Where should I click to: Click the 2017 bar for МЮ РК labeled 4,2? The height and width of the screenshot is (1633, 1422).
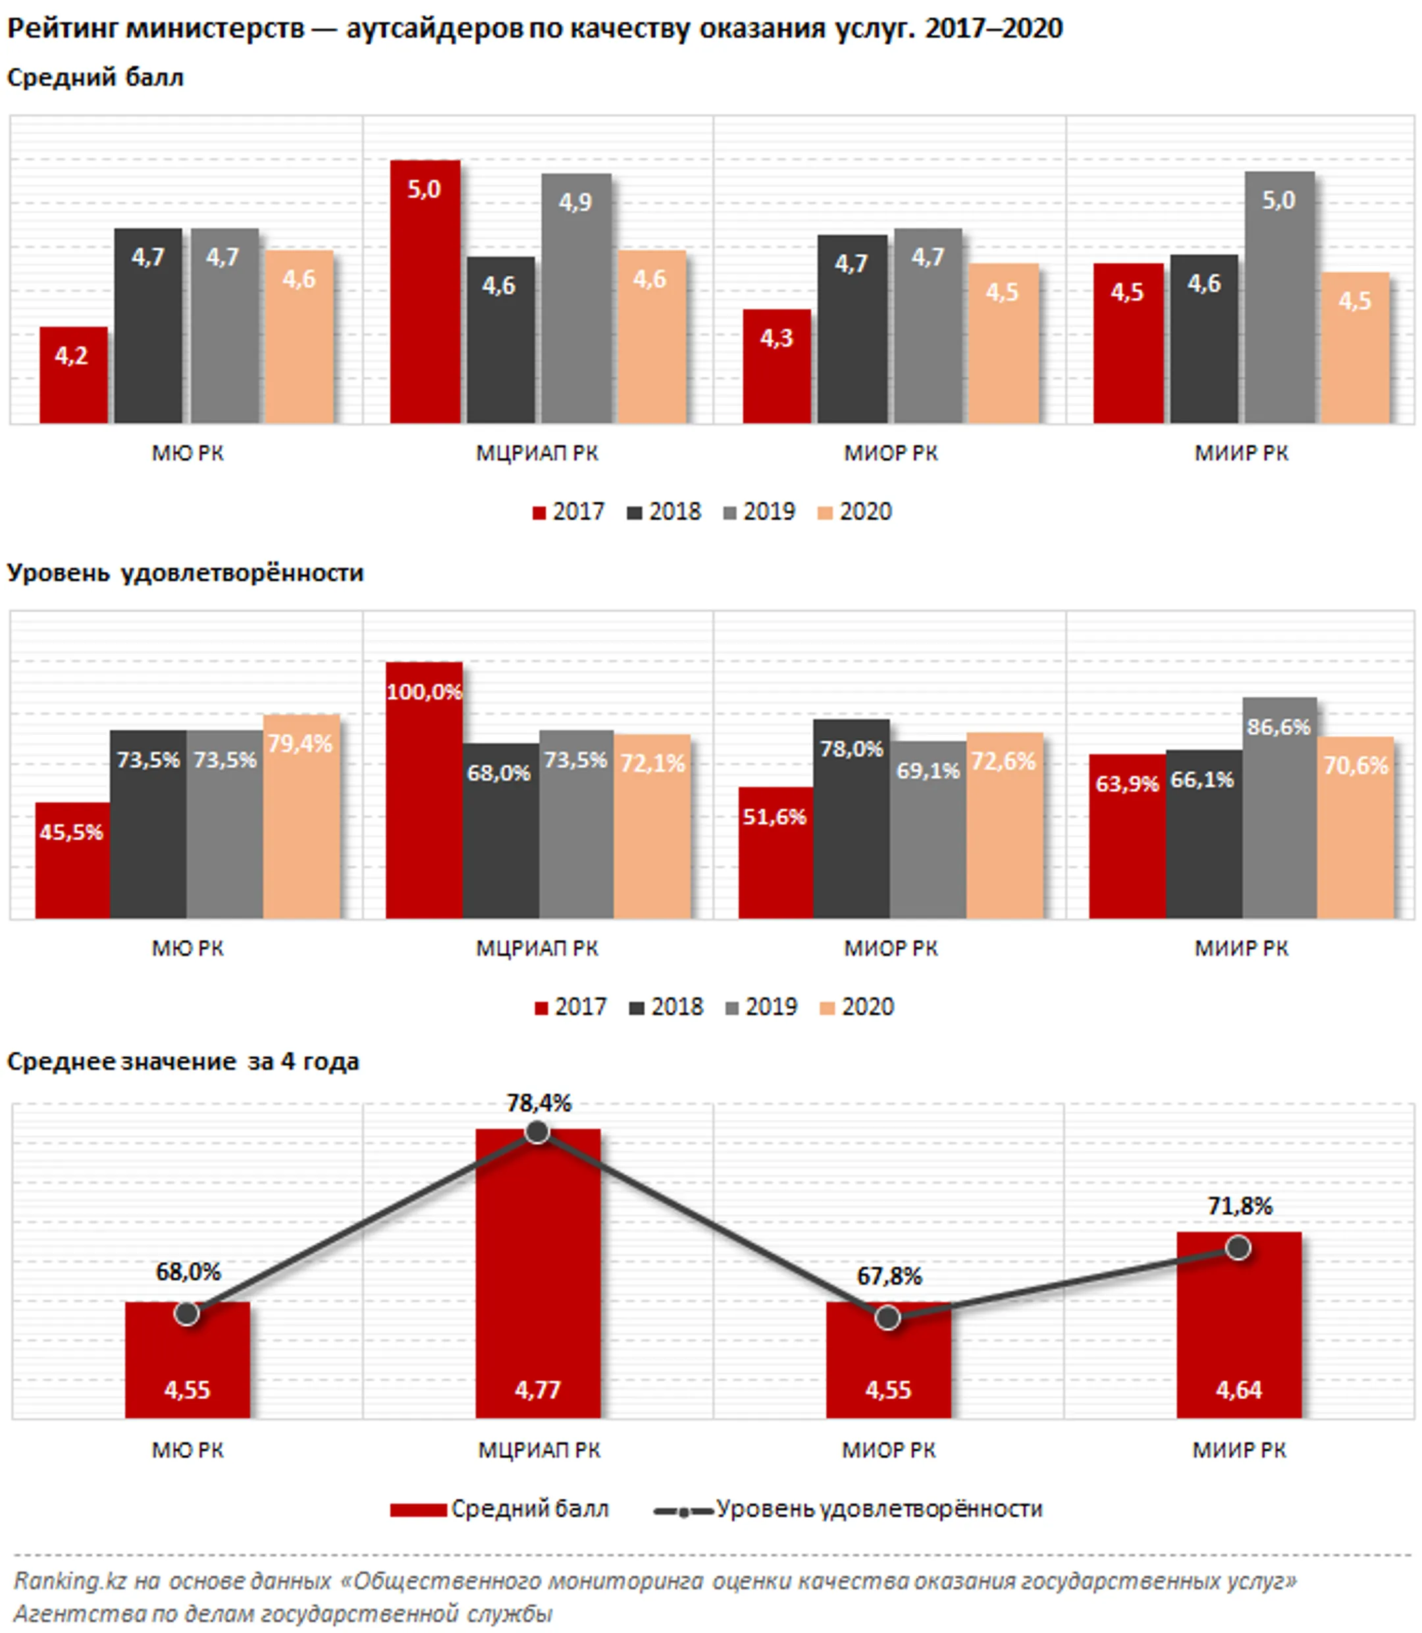[x=73, y=375]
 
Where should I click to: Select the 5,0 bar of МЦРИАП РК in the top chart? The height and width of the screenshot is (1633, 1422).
[x=425, y=291]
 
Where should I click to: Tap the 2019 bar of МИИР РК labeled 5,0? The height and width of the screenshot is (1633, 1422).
[x=1278, y=298]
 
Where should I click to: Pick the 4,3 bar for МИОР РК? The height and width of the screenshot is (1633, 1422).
[x=776, y=366]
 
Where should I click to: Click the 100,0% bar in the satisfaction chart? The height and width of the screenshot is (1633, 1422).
[x=424, y=790]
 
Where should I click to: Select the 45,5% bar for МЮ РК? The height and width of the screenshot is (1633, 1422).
[x=72, y=860]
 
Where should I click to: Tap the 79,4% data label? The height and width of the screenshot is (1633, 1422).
[x=300, y=743]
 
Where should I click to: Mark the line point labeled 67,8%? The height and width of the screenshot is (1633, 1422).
[x=888, y=1318]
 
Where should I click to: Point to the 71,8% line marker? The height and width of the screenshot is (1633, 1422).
[x=1238, y=1248]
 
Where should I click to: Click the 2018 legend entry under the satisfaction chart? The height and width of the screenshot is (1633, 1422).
[x=666, y=1007]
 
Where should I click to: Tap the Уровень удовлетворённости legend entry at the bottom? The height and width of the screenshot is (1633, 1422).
[x=847, y=1509]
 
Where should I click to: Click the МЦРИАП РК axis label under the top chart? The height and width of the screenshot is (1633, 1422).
[x=537, y=453]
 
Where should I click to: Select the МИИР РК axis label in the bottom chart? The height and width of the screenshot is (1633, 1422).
[x=1239, y=1451]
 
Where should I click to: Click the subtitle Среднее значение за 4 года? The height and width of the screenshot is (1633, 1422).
[x=183, y=1061]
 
